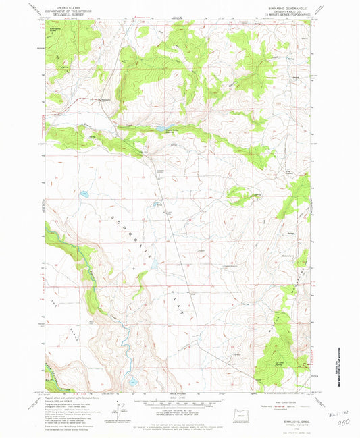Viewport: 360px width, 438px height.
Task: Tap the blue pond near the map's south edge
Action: [134, 380]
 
